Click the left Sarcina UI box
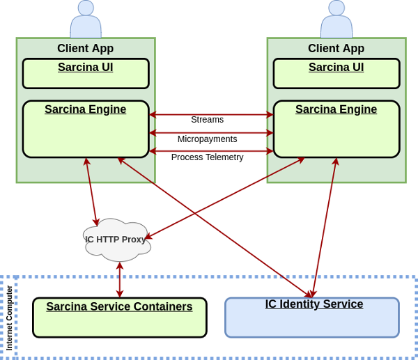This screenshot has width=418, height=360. (x=86, y=74)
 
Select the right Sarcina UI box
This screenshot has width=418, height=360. (x=336, y=74)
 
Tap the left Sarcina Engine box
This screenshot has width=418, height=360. (x=86, y=130)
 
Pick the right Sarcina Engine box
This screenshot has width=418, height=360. (x=336, y=130)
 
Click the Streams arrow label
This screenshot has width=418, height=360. (x=207, y=120)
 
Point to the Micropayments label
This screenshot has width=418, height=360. (x=207, y=139)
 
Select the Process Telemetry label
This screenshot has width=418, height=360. (x=207, y=157)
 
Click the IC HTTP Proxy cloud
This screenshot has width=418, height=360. (x=116, y=240)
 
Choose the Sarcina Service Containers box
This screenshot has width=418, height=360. (x=120, y=318)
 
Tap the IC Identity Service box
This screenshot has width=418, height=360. (x=312, y=318)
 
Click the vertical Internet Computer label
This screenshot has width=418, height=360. (x=10, y=318)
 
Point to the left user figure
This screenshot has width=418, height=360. (x=86, y=21)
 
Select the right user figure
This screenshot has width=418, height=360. (x=336, y=21)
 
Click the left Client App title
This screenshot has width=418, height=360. (x=86, y=49)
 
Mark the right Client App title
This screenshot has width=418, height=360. (x=336, y=49)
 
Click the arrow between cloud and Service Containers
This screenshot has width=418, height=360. (x=120, y=280)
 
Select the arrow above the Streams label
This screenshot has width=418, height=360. (x=211, y=114)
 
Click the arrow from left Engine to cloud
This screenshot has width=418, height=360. (x=91, y=192)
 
